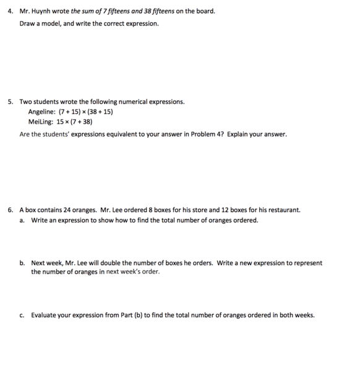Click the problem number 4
click(x=11, y=11)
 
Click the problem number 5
click(x=11, y=101)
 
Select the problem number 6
click(x=11, y=210)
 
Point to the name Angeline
click(x=41, y=112)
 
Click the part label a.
click(x=22, y=220)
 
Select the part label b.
click(x=22, y=263)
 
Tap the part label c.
click(x=22, y=315)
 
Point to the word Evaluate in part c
click(x=45, y=315)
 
